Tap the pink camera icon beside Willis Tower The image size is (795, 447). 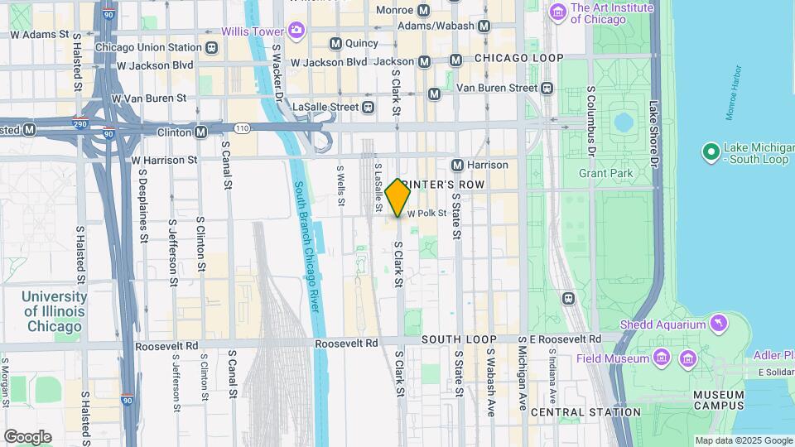[296, 31]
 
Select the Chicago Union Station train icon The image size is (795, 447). [213, 47]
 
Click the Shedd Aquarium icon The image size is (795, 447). [719, 323]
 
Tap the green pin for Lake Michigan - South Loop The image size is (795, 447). [710, 151]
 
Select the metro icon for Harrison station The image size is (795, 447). [457, 165]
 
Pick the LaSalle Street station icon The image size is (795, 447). [369, 107]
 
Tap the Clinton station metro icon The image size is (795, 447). [200, 132]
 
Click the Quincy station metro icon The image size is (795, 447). [335, 43]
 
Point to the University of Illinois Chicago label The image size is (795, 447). [55, 311]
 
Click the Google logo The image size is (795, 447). [27, 436]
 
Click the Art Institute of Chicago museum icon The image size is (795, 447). [557, 12]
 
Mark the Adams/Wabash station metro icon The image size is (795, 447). [484, 26]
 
